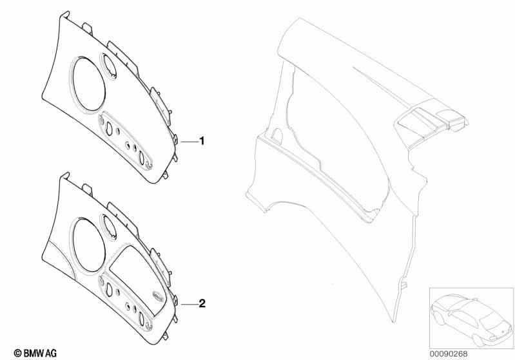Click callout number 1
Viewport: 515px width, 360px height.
click(202, 141)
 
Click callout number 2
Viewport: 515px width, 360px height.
click(202, 303)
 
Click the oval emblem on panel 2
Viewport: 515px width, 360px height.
click(159, 296)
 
